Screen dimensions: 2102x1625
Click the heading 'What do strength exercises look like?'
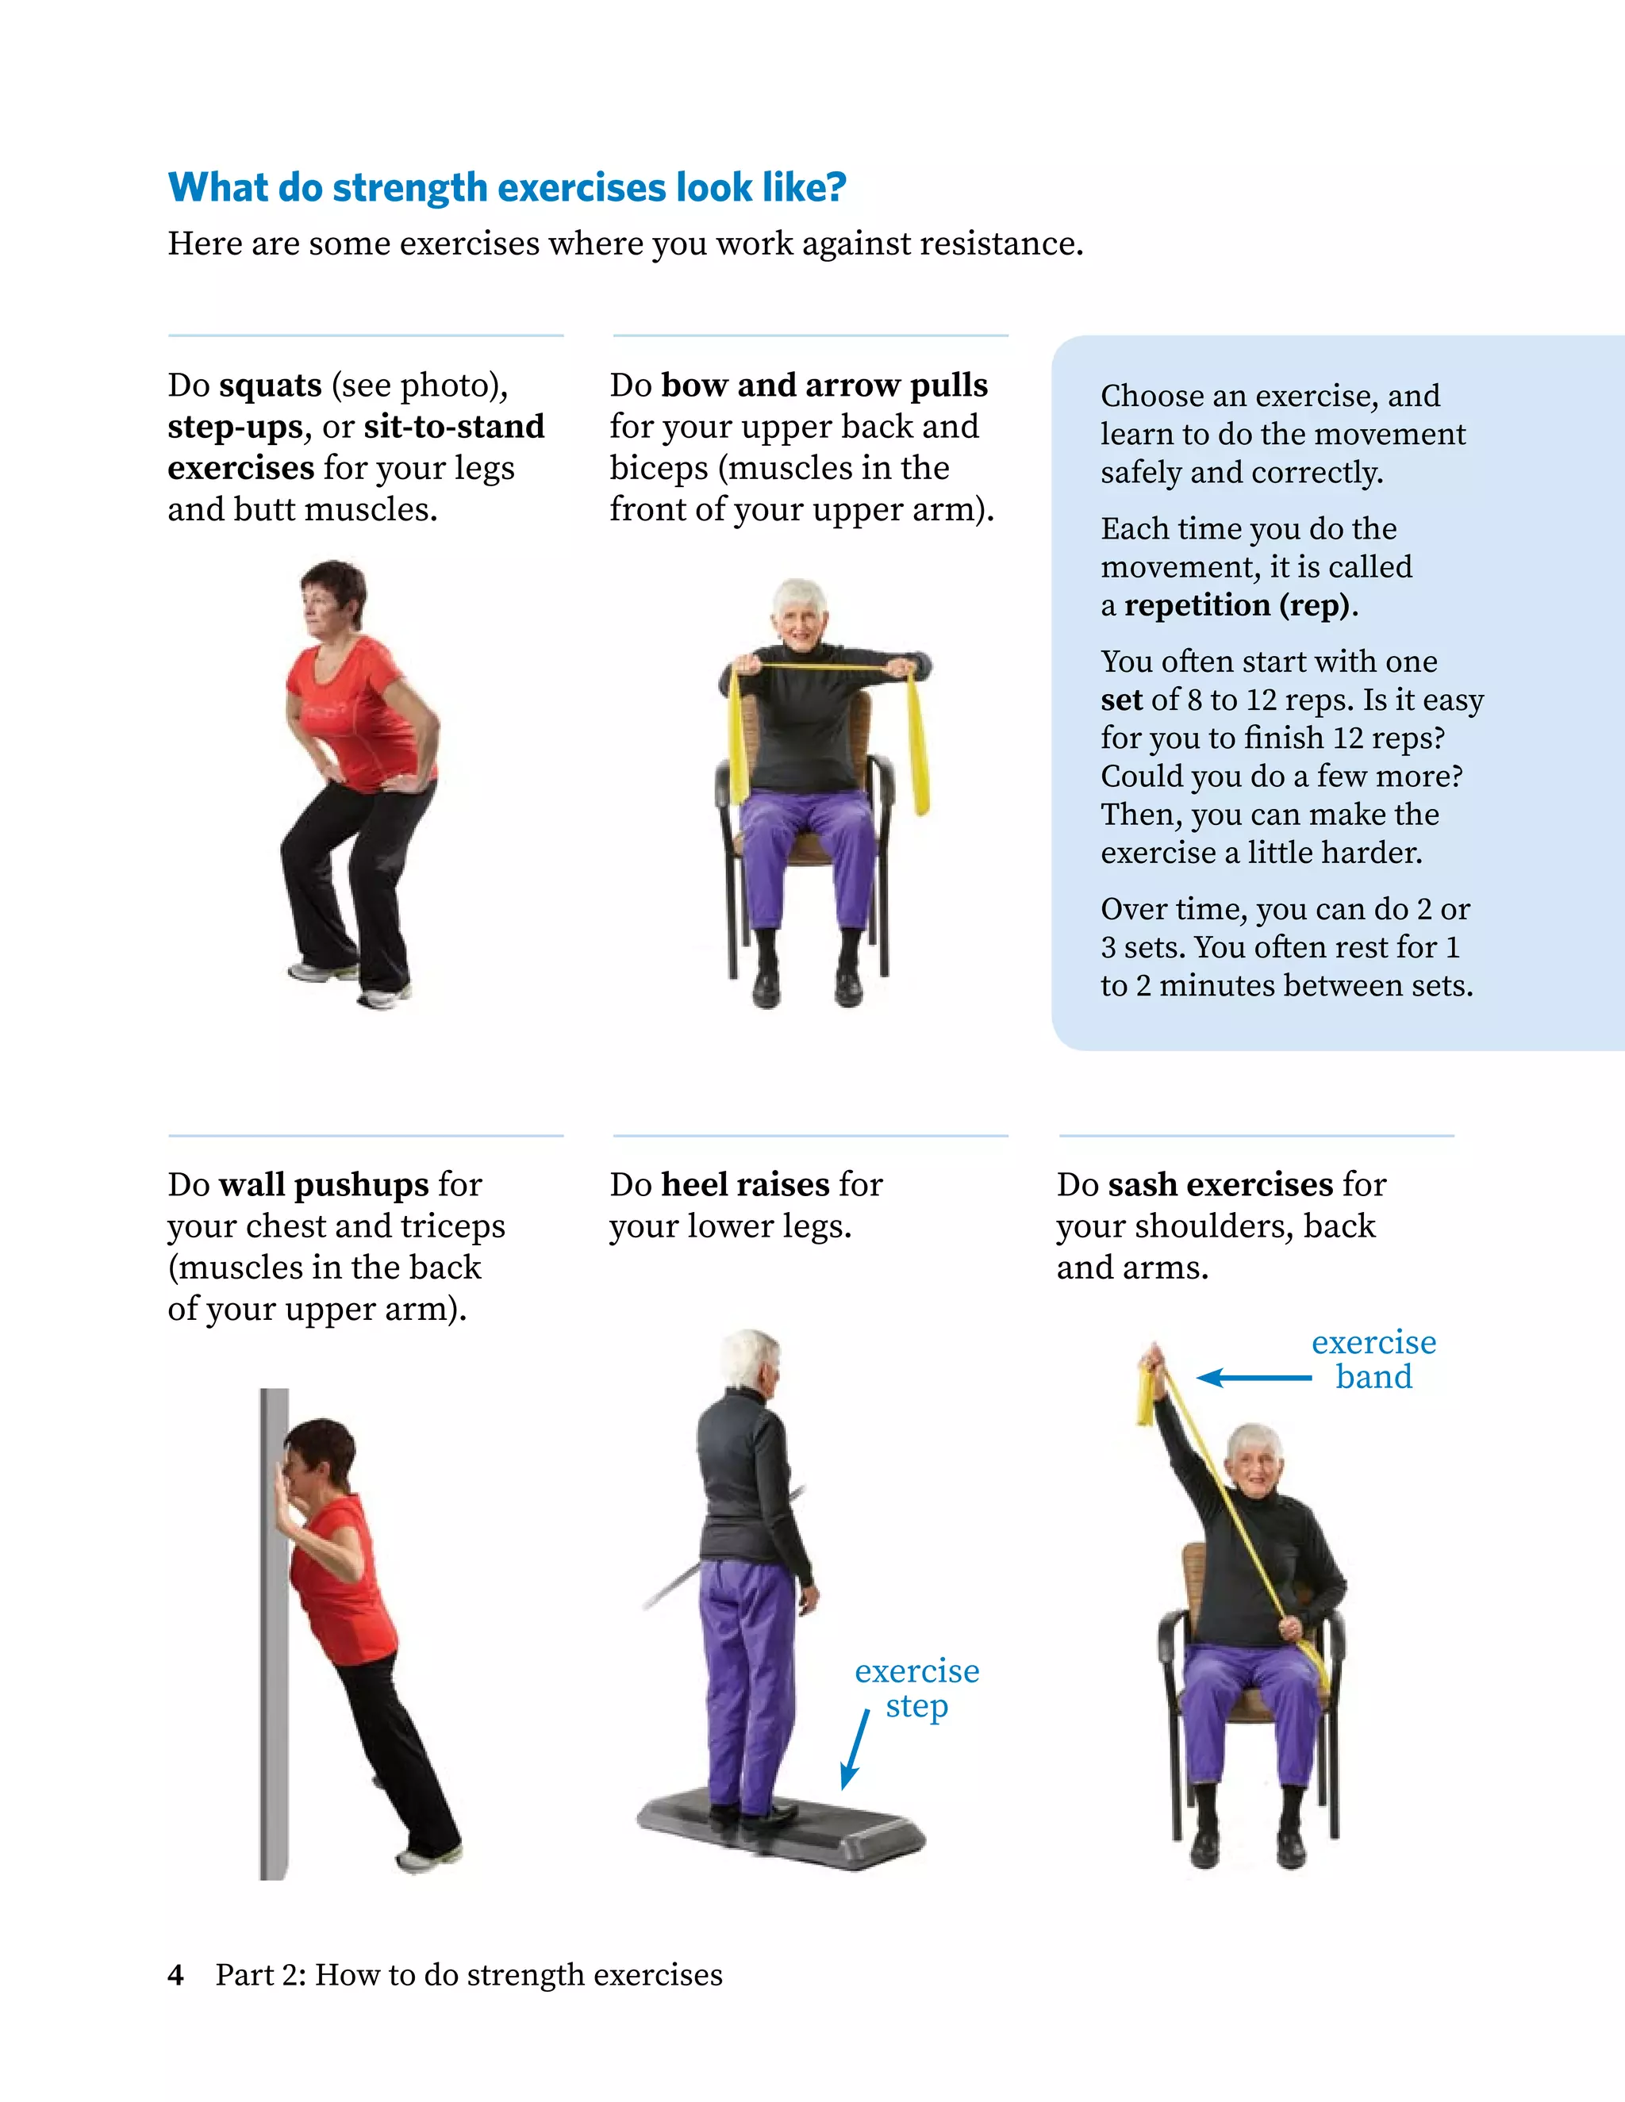(506, 188)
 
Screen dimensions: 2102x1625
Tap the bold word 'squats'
(271, 385)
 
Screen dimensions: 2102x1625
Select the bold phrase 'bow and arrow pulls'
(824, 385)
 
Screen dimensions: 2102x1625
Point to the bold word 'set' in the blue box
(1121, 700)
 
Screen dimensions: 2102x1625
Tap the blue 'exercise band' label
(1373, 1359)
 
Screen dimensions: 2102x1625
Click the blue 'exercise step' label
(916, 1688)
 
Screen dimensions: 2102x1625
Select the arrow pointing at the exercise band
(1254, 1379)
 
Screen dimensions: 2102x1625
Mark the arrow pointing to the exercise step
(854, 1750)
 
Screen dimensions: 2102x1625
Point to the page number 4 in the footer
(175, 1975)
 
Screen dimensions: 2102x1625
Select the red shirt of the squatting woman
(356, 712)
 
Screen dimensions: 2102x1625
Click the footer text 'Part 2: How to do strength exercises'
(469, 1975)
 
